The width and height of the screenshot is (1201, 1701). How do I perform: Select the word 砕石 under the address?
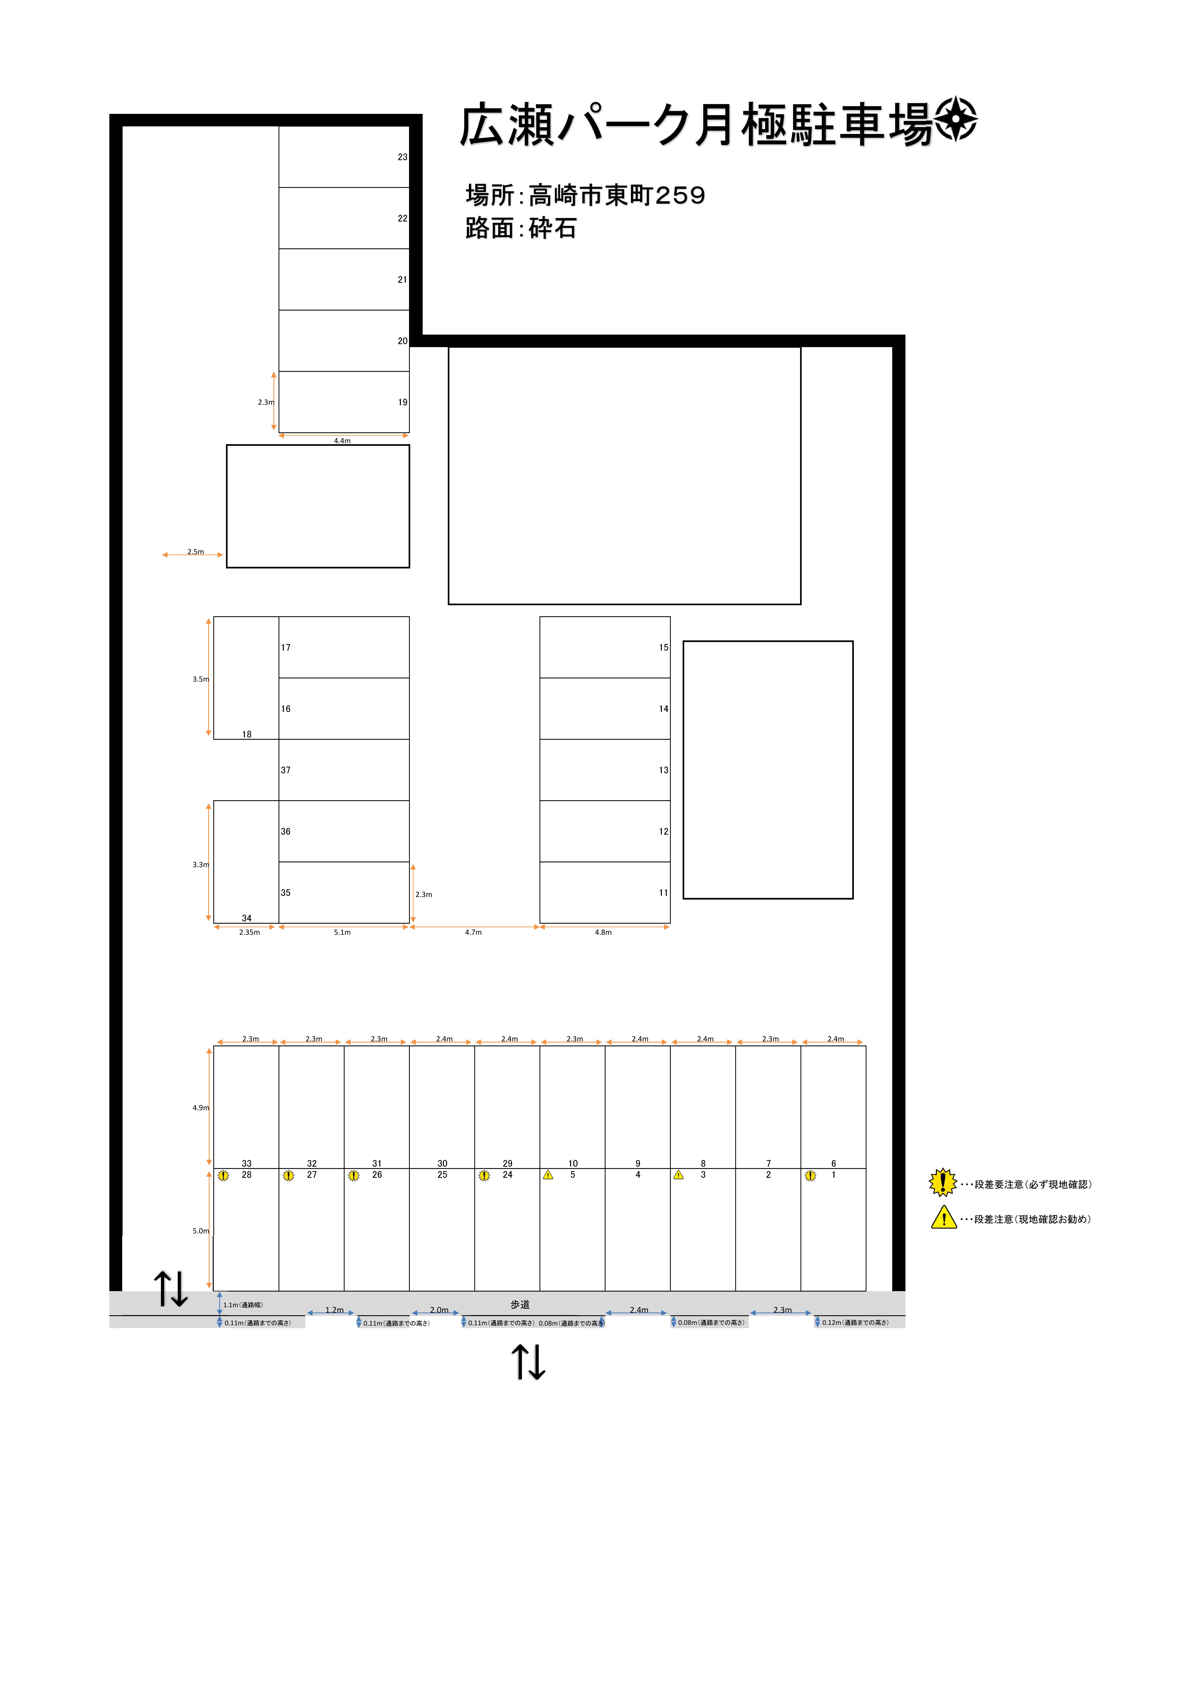(552, 228)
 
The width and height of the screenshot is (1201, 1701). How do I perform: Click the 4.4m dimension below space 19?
(342, 441)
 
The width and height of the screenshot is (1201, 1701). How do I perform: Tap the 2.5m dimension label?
(196, 552)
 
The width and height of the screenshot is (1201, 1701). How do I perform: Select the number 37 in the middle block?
(286, 770)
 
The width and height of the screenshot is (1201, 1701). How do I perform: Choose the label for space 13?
(663, 770)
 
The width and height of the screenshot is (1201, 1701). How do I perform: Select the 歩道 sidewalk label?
(520, 1305)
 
